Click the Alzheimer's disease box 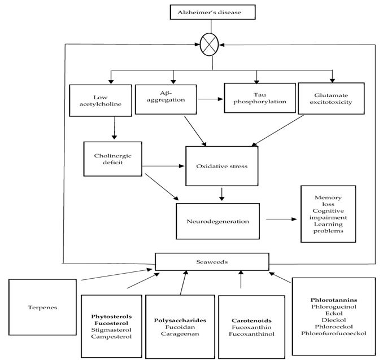212,12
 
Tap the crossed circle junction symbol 209,45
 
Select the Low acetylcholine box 101,100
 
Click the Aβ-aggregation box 166,99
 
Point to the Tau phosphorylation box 260,98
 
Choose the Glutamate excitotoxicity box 331,98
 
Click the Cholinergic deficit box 112,159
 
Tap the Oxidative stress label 222,166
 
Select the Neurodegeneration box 217,221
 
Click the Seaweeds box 212,262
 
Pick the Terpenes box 42,308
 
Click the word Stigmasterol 111,330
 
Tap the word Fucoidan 180,327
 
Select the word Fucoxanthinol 251,334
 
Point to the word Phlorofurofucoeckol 334,333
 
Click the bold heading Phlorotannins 334,300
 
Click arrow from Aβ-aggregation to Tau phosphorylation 211,99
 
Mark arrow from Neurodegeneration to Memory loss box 281,219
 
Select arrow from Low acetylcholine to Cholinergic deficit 114,128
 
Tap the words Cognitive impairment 328,214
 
